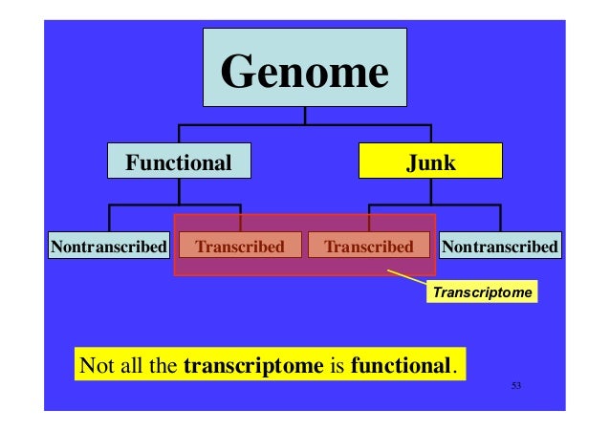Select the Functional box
coord(180,162)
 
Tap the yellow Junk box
coord(430,162)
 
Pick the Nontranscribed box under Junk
coord(500,247)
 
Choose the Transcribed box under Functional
coord(240,247)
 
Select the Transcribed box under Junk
coord(368,247)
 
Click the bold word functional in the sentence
coord(401,365)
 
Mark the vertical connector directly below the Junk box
coord(431,191)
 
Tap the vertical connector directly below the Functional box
coord(179,191)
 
